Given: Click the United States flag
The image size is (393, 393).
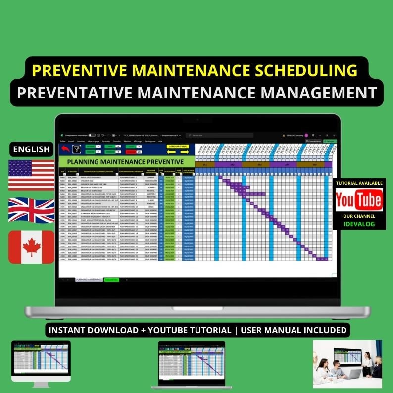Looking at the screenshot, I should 32,175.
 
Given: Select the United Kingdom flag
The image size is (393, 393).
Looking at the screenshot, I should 32,210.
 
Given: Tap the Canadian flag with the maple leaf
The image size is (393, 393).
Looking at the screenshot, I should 32,246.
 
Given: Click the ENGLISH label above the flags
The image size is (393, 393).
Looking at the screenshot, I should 32,149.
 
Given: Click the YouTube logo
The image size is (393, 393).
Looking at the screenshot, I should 358,200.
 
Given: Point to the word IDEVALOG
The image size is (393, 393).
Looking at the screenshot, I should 359,224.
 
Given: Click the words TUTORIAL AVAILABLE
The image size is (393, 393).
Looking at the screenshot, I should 359,183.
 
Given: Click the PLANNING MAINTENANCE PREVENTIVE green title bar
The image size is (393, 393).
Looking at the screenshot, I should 121,162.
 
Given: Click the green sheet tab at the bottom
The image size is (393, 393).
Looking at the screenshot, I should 111,280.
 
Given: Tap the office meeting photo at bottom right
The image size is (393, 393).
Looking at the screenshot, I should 347,364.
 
